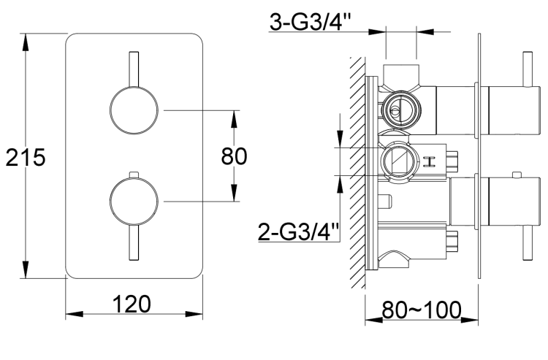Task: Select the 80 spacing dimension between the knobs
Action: point(234,156)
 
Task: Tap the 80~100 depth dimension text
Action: point(422,310)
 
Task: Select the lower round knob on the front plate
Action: point(132,201)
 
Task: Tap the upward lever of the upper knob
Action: point(133,69)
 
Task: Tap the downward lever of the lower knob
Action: point(133,241)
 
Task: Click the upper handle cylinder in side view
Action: point(501,110)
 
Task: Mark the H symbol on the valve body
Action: point(429,161)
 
